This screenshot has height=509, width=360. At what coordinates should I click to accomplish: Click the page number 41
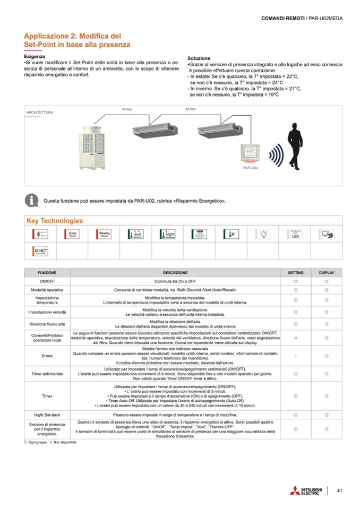(339, 490)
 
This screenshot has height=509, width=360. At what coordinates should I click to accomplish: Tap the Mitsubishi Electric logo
(305, 490)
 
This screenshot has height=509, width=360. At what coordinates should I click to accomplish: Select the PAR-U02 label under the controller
(251, 167)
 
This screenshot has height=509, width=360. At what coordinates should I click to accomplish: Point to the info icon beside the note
(32, 201)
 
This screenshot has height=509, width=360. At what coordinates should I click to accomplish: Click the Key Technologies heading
(54, 220)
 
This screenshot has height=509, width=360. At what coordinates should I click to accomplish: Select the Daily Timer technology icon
(72, 233)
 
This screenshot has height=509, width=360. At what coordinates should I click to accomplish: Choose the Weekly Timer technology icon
(104, 233)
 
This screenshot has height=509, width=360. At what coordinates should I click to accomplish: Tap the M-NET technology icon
(40, 250)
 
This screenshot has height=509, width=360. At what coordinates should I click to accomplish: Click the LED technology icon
(295, 233)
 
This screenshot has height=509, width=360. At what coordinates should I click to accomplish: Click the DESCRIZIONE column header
(175, 272)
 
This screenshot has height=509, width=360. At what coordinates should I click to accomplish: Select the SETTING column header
(296, 272)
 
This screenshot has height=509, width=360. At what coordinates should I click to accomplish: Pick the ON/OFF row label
(47, 281)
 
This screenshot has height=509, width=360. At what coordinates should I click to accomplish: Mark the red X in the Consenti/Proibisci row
(296, 338)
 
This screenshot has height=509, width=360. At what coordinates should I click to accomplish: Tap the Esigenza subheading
(35, 56)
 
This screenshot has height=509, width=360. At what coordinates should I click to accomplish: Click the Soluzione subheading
(199, 58)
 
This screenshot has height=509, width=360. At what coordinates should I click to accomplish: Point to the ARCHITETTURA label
(40, 113)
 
